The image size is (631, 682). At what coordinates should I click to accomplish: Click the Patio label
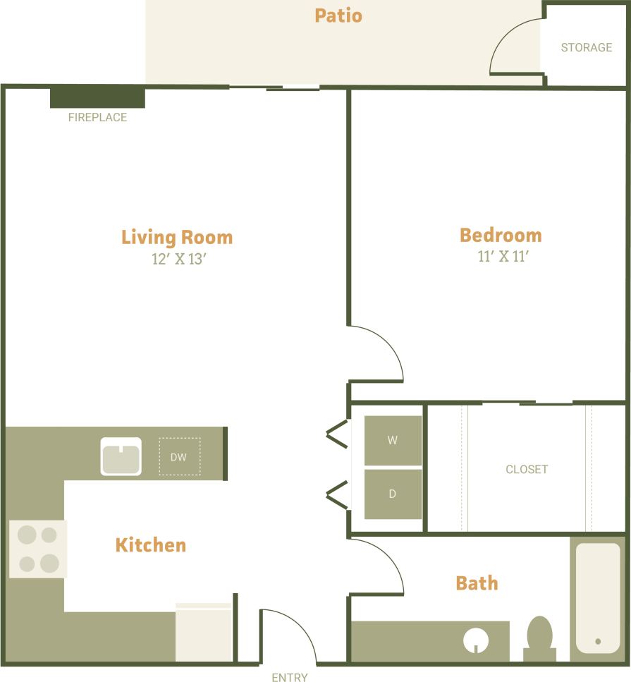click(338, 16)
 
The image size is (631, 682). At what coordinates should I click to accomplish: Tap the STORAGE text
click(586, 47)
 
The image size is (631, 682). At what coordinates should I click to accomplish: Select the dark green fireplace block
click(97, 97)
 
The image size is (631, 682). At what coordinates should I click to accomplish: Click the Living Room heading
click(177, 237)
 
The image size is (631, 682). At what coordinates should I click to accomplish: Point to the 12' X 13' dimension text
click(178, 259)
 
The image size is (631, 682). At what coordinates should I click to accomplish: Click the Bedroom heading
click(501, 235)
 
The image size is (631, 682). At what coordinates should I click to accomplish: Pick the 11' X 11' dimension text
click(503, 256)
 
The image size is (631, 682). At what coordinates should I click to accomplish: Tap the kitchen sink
click(121, 456)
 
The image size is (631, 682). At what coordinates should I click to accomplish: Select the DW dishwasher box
click(179, 457)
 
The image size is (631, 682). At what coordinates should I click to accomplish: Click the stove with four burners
click(38, 549)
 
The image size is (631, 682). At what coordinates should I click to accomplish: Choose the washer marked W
click(393, 440)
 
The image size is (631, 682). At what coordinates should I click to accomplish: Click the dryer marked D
click(393, 494)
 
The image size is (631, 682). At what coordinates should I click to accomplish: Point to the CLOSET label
click(527, 469)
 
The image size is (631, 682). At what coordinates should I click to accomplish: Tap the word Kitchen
click(151, 545)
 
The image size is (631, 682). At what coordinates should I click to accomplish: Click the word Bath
click(477, 583)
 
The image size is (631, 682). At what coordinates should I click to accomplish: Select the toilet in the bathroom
click(540, 635)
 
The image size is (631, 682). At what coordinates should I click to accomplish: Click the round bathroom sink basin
click(476, 641)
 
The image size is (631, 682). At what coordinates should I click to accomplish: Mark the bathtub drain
click(598, 641)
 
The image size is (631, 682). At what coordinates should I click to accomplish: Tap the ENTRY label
click(290, 677)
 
